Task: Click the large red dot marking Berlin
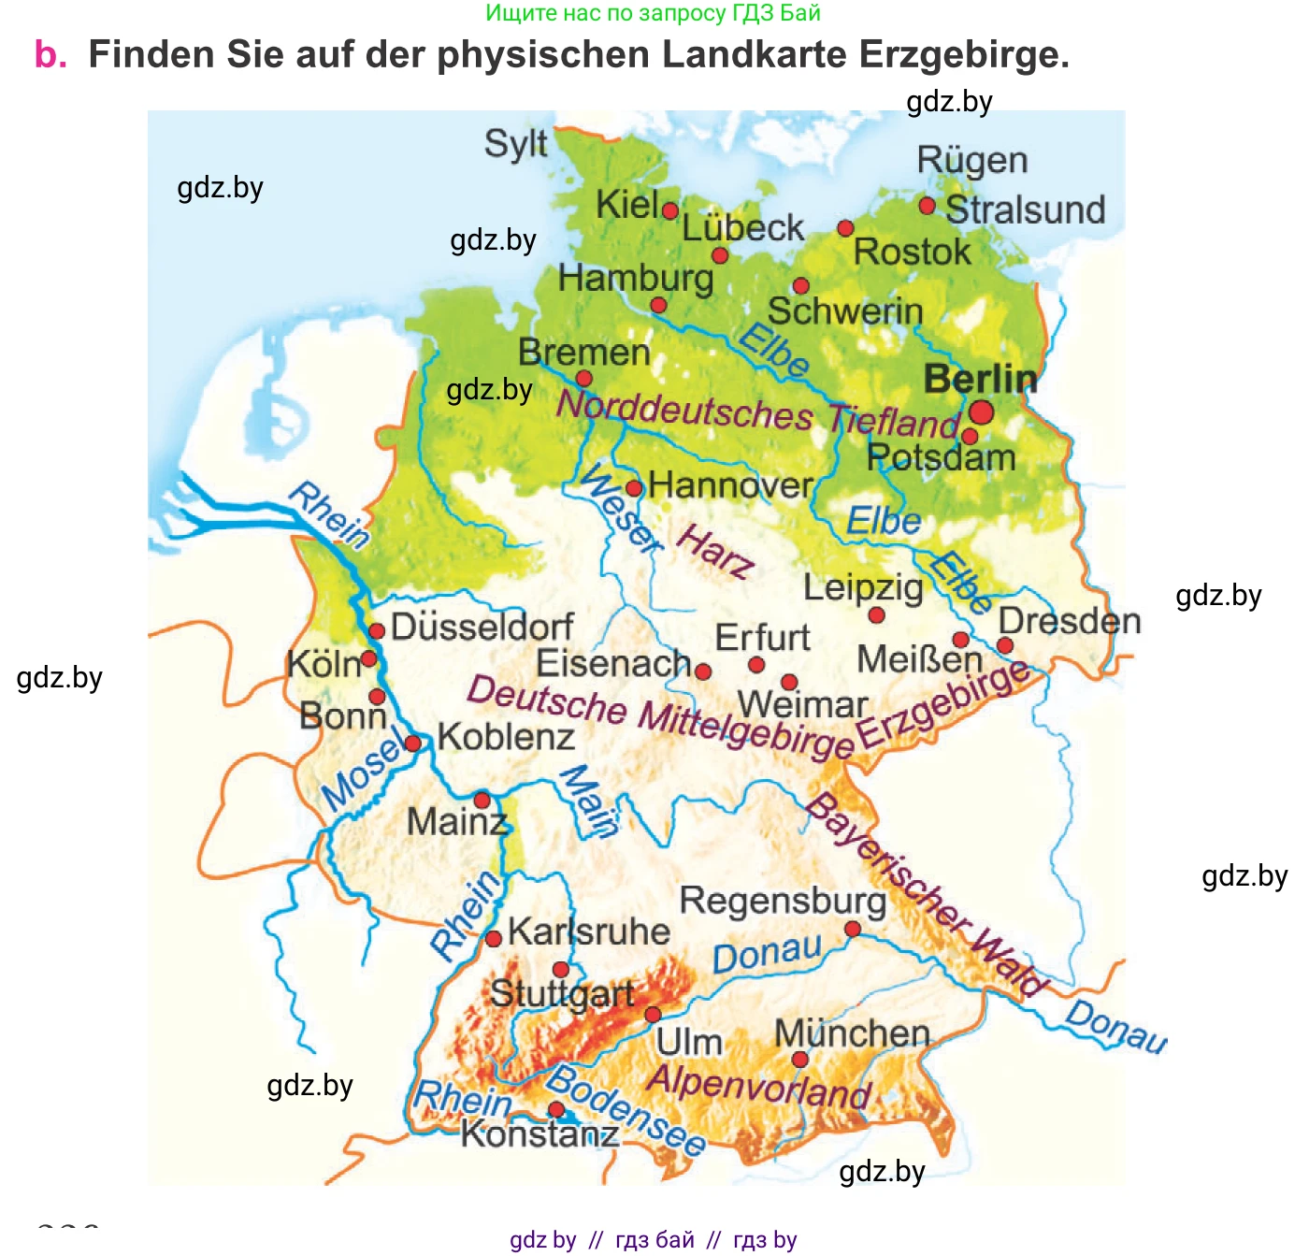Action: click(x=981, y=412)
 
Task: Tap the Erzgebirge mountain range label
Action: click(x=942, y=705)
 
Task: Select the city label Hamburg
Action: click(x=636, y=279)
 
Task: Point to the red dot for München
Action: click(x=799, y=1060)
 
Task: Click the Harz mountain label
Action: click(x=715, y=553)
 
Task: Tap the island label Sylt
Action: click(x=515, y=145)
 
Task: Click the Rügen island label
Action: click(x=971, y=161)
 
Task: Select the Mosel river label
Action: click(x=365, y=772)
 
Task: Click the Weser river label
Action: click(x=620, y=509)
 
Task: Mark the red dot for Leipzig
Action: click(x=876, y=615)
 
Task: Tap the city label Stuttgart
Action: click(x=562, y=994)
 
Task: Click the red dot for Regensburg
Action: click(x=852, y=929)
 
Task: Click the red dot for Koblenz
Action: click(x=412, y=743)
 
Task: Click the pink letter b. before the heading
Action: click(x=50, y=55)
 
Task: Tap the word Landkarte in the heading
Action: click(x=755, y=55)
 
